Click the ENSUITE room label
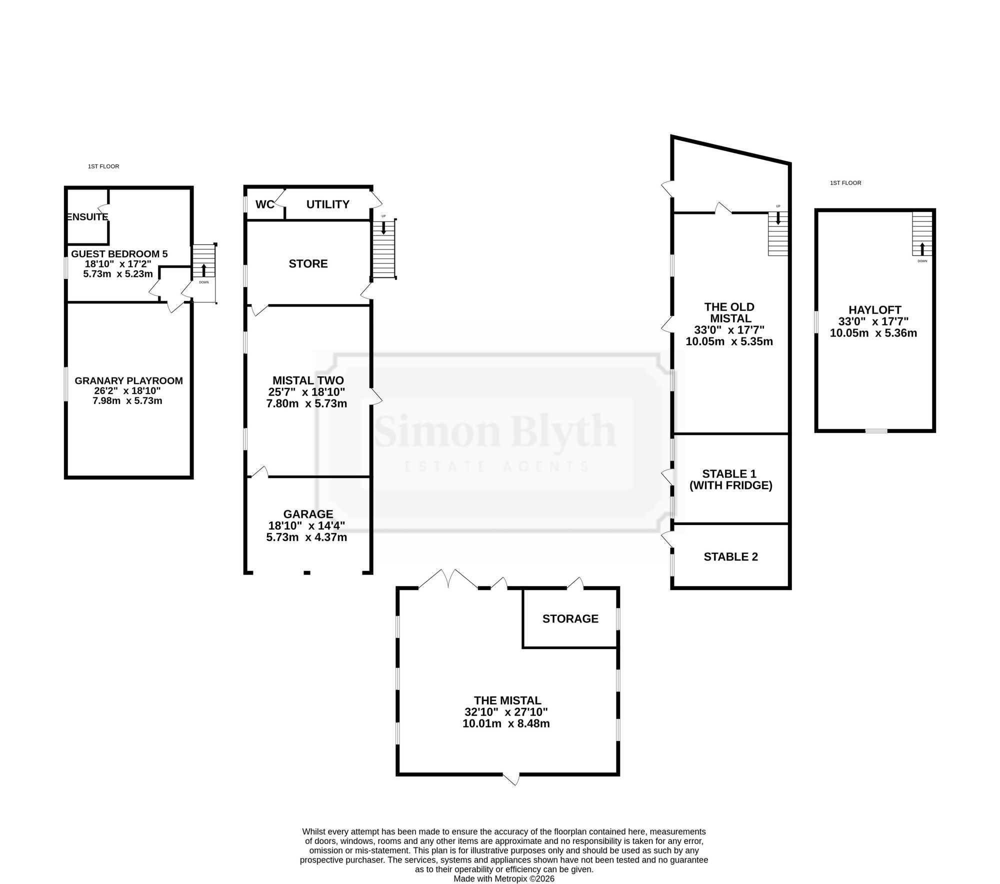[87, 217]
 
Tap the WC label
[265, 204]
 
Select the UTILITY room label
[328, 204]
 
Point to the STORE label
[308, 263]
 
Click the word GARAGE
[308, 514]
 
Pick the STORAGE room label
[570, 618]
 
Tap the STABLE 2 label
[731, 556]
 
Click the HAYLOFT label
[874, 310]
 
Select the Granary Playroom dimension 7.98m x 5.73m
[127, 400]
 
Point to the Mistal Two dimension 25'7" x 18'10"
[306, 392]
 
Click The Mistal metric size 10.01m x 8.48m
[506, 723]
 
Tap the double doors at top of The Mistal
[448, 579]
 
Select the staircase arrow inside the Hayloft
[922, 249]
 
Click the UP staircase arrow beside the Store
[383, 228]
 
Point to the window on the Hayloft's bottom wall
[876, 430]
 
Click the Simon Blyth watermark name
[495, 431]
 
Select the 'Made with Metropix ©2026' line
[504, 878]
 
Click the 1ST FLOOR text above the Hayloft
[845, 183]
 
